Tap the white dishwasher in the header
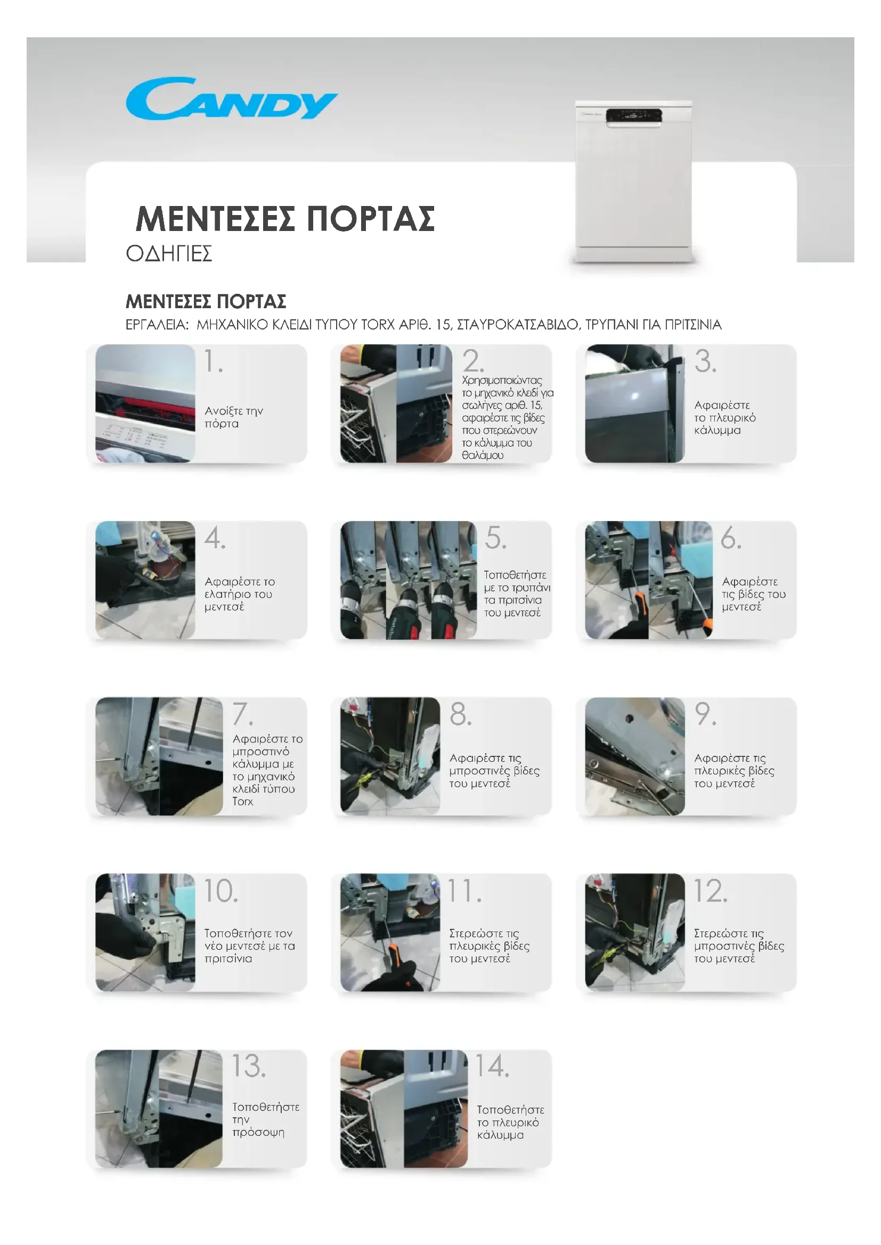click(x=633, y=181)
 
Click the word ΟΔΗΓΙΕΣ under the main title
click(x=169, y=253)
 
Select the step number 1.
click(x=213, y=361)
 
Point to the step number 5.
click(x=495, y=538)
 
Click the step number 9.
click(x=705, y=714)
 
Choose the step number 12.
click(x=711, y=891)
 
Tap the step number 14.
click(x=493, y=1066)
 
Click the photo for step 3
click(x=635, y=403)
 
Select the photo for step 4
click(x=145, y=580)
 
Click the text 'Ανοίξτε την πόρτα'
click(x=234, y=417)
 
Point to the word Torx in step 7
click(x=242, y=802)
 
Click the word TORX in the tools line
click(x=378, y=324)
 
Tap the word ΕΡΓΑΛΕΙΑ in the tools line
click(x=157, y=325)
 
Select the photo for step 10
click(x=145, y=932)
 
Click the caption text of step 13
click(x=266, y=1119)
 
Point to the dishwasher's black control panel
click(x=634, y=116)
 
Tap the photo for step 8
click(x=390, y=756)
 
